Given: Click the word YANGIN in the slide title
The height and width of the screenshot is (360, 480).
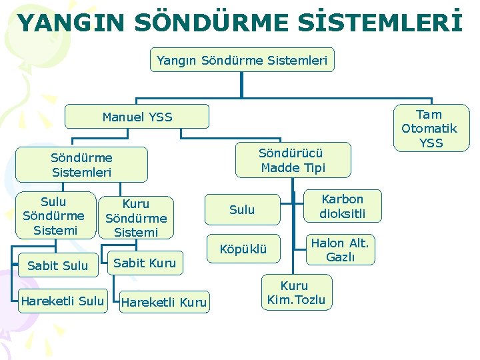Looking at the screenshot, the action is click(x=70, y=23).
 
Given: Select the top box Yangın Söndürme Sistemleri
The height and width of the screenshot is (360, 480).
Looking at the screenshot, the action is click(x=242, y=60).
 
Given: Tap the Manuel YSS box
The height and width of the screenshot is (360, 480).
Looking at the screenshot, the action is click(x=137, y=117).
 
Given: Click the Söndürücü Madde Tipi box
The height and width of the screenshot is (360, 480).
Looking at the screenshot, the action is click(x=293, y=160).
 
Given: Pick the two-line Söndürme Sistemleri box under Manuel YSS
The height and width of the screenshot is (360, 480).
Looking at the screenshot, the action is click(x=81, y=165).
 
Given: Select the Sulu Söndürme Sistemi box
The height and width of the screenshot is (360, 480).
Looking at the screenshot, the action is click(x=53, y=216).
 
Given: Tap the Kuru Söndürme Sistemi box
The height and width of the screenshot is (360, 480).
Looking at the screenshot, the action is click(x=136, y=218).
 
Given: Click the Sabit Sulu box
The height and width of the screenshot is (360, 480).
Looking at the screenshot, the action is click(x=58, y=265).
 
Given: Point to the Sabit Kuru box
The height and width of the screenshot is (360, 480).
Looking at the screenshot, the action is click(x=145, y=263).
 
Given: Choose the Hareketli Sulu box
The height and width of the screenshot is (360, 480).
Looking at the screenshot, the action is click(x=62, y=301).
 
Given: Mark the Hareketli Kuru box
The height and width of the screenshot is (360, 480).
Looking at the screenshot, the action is click(x=165, y=302).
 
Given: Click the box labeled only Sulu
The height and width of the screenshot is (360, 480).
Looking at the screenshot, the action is click(x=242, y=210).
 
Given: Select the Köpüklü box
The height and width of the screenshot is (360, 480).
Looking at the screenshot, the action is click(x=243, y=249).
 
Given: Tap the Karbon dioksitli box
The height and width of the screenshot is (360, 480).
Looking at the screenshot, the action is click(x=342, y=207).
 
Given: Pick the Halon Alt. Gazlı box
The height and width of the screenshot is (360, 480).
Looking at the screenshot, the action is click(x=340, y=249).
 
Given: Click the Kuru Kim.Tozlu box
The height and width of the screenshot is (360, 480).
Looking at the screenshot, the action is click(x=296, y=293).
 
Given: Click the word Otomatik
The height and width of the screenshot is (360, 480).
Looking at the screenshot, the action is click(x=429, y=128).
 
